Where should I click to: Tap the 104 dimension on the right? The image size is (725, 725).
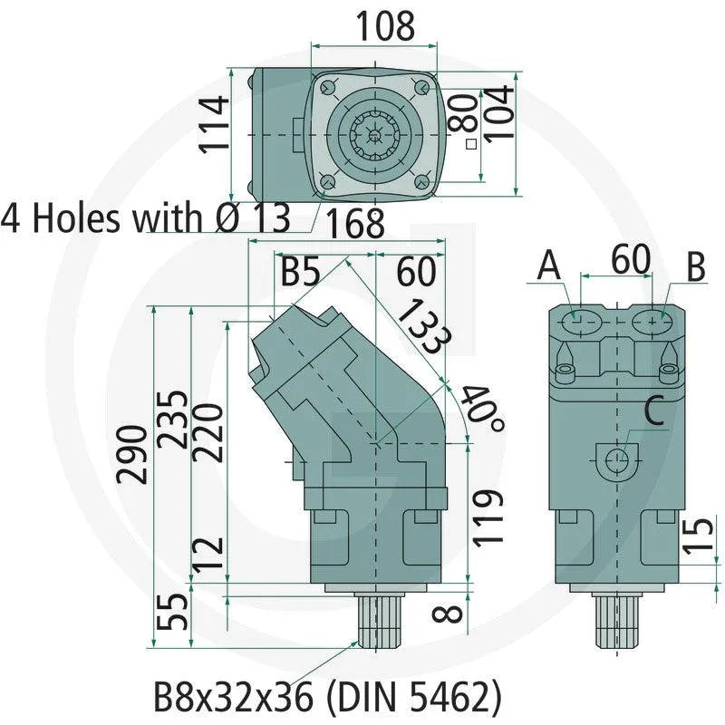499,111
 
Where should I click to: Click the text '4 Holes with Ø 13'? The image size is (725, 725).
146,218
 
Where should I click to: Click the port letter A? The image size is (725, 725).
549,266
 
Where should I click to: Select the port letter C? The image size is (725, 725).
653,413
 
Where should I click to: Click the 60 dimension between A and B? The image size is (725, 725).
629,259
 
